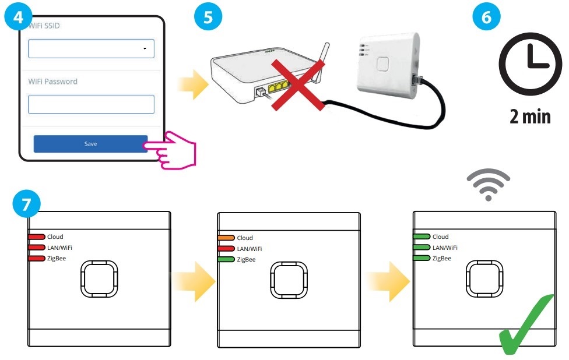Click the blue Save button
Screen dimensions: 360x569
[x=90, y=144]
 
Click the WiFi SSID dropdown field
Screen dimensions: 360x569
[x=91, y=49]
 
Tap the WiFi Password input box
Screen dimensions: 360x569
[x=91, y=105]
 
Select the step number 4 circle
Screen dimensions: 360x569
[x=18, y=16]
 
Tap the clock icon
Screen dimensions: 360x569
[x=530, y=63]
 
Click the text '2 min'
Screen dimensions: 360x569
[x=530, y=116]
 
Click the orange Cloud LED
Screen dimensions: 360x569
[x=226, y=238]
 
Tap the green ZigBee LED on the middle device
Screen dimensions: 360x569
[x=226, y=259]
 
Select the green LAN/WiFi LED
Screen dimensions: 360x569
[x=422, y=248]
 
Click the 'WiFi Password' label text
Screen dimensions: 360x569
[x=53, y=82]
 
